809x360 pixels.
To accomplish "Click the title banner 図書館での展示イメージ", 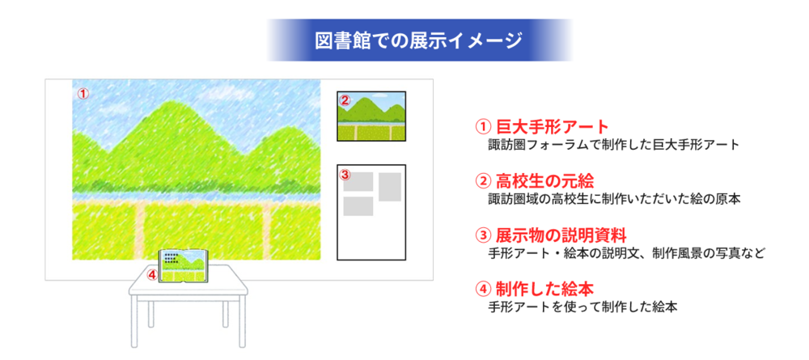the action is pos(418,40).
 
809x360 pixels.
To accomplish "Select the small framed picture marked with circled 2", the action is pos(371,116).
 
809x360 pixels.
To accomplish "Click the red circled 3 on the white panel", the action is pos(346,174).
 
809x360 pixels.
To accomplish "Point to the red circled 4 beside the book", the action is pos(152,275).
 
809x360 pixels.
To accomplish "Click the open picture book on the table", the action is pos(184,265).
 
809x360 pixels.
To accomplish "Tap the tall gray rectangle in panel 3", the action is pos(390,187).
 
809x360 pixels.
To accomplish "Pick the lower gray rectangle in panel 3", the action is pos(358,206).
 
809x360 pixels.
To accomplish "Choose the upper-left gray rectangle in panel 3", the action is pos(358,181).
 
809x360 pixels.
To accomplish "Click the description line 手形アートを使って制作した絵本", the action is pos(582,307).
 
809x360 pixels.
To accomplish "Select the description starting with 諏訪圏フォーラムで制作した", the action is pos(614,145).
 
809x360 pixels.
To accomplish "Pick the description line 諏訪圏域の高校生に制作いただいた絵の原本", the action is pos(614,199).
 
